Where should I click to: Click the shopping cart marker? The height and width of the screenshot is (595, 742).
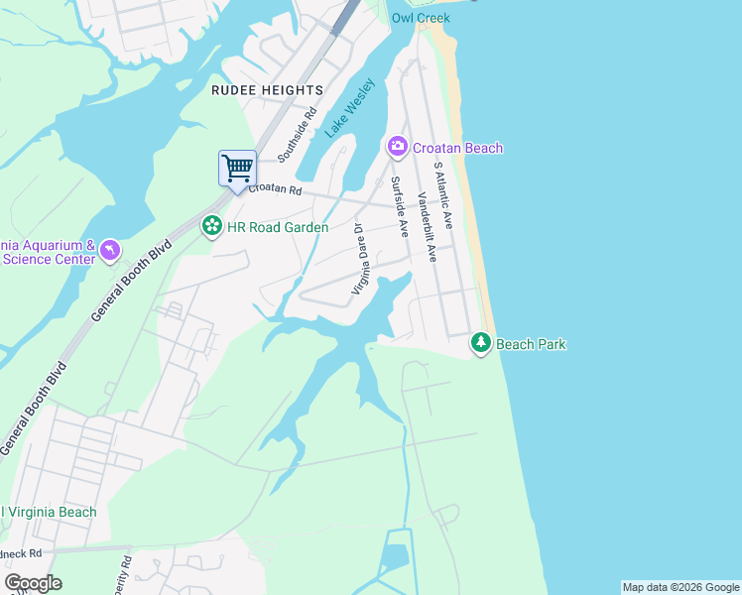click(237, 168)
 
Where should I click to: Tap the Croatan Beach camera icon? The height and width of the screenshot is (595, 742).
click(398, 148)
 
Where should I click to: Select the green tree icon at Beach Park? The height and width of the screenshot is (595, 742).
click(481, 343)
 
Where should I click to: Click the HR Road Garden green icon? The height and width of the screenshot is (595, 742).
click(211, 227)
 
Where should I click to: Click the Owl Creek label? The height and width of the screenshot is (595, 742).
click(421, 18)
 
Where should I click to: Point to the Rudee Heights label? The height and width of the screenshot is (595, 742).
click(267, 89)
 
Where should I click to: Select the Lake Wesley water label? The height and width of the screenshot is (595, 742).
click(350, 107)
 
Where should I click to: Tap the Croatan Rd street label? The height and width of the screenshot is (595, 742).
click(275, 188)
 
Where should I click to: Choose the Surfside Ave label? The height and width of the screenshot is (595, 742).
click(400, 206)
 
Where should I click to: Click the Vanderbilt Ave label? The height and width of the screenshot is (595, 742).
click(428, 226)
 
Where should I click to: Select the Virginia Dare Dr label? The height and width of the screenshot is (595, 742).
click(359, 258)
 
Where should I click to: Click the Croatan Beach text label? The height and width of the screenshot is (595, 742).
click(458, 148)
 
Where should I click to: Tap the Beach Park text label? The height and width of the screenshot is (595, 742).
click(531, 344)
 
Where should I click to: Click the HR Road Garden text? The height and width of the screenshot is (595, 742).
click(278, 227)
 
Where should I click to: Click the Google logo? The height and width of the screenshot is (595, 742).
click(33, 583)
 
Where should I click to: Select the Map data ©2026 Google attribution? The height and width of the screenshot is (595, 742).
click(680, 587)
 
